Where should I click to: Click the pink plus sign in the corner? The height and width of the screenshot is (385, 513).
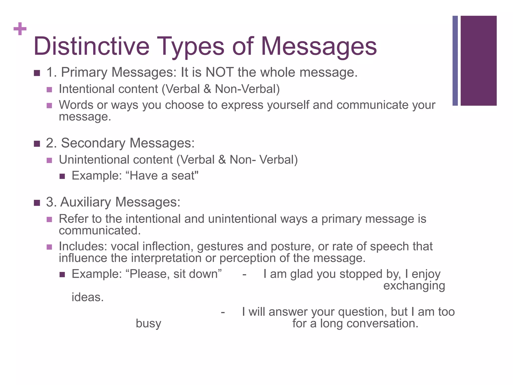coord(20,29)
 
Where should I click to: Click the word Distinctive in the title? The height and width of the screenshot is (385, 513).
coord(91,46)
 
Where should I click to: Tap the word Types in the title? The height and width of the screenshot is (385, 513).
coord(190,46)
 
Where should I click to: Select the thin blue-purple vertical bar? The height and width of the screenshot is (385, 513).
coord(455,61)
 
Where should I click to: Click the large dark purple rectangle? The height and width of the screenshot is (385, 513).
coord(478,61)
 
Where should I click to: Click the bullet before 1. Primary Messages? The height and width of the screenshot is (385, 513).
coord(37,73)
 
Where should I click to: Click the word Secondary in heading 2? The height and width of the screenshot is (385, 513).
coord(93,143)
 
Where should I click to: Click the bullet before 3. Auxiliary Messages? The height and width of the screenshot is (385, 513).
coord(37,203)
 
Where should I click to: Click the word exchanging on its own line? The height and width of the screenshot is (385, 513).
coord(414,286)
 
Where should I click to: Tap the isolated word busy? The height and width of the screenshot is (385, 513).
coord(148,324)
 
